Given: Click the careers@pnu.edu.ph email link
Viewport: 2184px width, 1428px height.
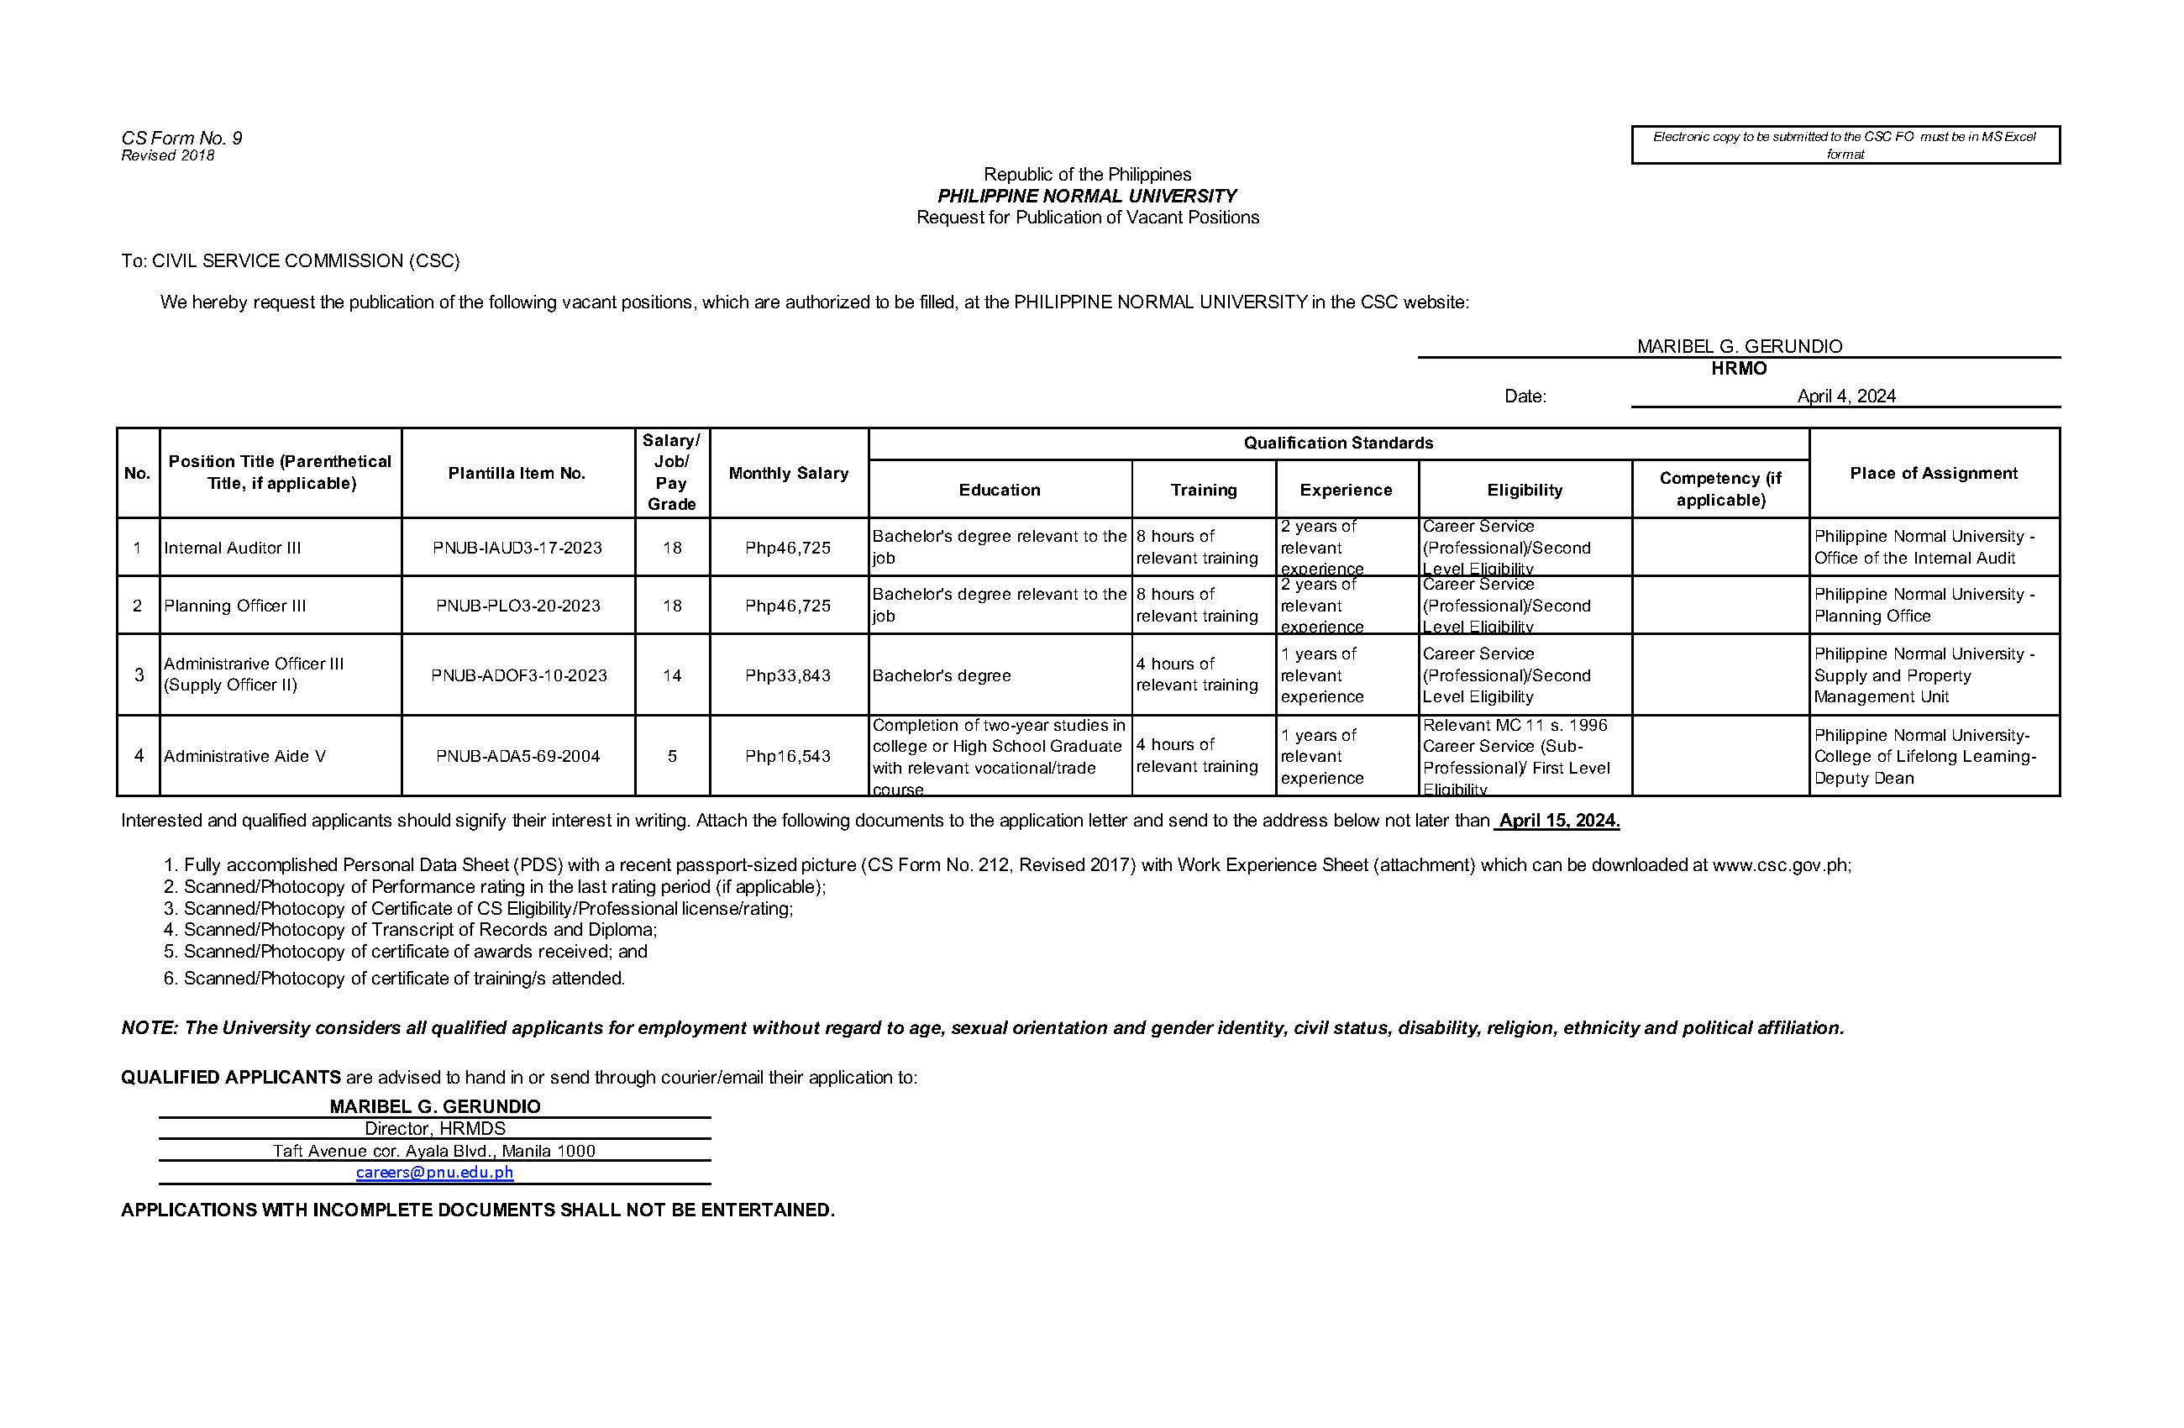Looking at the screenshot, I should click(434, 1172).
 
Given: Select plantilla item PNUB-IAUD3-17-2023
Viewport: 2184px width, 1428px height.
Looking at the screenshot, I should click(517, 548).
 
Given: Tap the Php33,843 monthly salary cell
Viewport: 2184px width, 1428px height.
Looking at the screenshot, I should click(787, 675).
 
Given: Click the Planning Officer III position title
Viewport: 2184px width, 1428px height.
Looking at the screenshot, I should click(235, 606).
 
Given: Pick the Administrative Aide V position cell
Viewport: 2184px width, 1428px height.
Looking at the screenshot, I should click(245, 756).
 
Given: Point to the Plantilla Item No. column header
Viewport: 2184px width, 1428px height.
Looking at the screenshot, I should click(517, 474).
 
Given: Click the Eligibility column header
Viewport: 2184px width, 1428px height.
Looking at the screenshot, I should click(1525, 490).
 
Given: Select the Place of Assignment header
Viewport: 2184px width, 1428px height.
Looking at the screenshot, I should click(1934, 474).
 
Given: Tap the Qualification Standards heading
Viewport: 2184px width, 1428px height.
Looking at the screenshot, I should click(1338, 444).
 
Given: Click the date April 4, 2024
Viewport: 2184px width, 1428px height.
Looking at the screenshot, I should click(1846, 396).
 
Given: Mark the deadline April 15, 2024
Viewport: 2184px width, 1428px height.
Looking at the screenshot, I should click(1558, 821).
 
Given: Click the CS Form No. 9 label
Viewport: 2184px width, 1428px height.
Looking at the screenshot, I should click(181, 139).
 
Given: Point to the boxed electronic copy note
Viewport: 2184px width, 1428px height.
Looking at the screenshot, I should click(1845, 145).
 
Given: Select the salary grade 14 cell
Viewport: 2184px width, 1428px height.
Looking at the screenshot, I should click(672, 675).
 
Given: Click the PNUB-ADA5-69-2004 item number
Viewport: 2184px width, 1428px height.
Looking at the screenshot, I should click(517, 756).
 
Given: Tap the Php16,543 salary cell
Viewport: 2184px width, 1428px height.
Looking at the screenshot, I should click(787, 756).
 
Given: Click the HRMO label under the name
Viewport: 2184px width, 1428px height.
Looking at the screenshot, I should click(1738, 369).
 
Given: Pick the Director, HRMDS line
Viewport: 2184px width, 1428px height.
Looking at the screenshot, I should click(435, 1129).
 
